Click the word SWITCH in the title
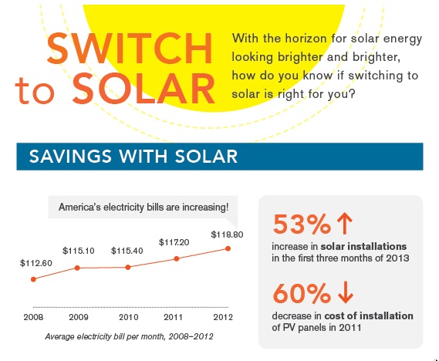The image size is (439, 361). (130, 49)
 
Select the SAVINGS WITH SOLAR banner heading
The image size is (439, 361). (133, 158)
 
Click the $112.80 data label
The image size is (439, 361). (35, 264)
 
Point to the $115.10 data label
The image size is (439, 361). (79, 251)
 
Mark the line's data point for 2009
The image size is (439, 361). (78, 268)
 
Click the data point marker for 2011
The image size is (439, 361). (177, 258)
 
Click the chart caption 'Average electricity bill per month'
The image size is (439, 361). (128, 336)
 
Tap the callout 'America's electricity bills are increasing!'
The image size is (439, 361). (144, 207)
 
